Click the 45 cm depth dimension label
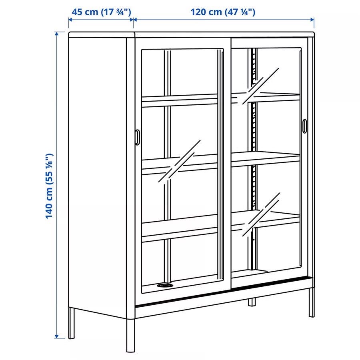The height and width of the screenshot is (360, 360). pyautogui.click(x=101, y=12)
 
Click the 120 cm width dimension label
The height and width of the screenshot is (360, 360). pyautogui.click(x=223, y=12)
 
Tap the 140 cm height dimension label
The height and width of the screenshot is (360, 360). pyautogui.click(x=49, y=186)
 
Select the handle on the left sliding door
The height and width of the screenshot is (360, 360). pyautogui.click(x=137, y=137)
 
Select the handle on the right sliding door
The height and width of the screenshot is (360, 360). pyautogui.click(x=304, y=126)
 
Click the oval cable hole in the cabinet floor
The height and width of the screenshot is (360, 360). pyautogui.click(x=165, y=285)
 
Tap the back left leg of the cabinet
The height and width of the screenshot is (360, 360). pyautogui.click(x=72, y=323)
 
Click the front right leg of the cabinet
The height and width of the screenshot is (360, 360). pyautogui.click(x=311, y=303)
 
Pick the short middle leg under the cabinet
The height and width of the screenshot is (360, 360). pyautogui.click(x=252, y=302)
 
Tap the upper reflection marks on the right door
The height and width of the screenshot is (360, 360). pyautogui.click(x=260, y=86)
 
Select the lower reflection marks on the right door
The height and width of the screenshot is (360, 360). pyautogui.click(x=261, y=214)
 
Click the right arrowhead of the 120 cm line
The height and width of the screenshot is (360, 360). pyautogui.click(x=312, y=20)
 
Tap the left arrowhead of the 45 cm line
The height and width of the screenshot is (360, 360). pyautogui.click(x=70, y=20)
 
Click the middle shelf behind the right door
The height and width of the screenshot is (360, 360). pyautogui.click(x=266, y=158)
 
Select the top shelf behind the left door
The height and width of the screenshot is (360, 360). pyautogui.click(x=180, y=100)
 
